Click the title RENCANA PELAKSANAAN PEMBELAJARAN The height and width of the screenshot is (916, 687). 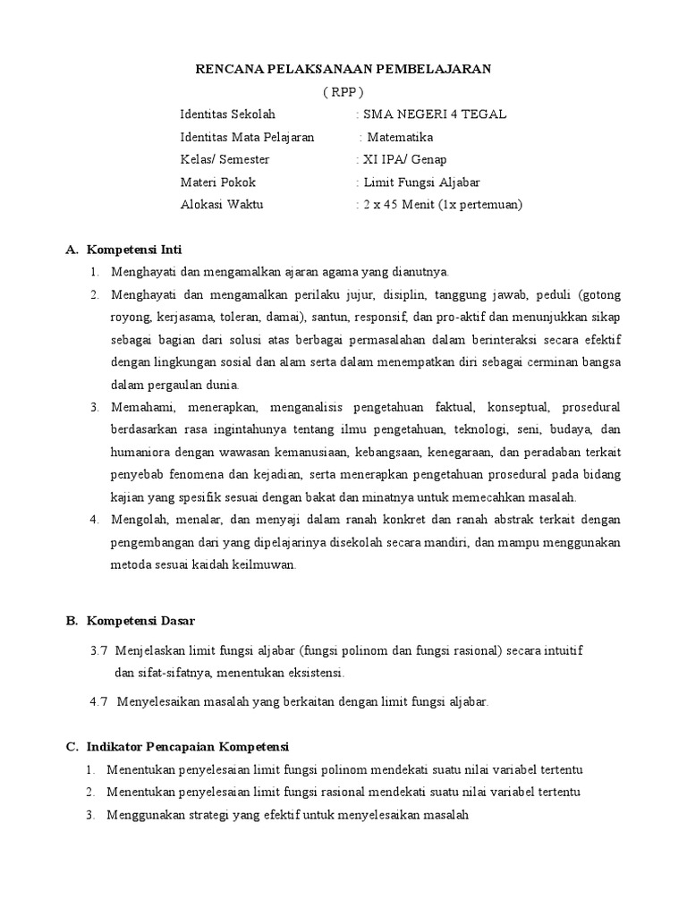tap(344, 68)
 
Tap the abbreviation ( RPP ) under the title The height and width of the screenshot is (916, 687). tap(343, 91)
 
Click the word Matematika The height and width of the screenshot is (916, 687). tap(401, 137)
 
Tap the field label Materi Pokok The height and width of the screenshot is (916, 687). tap(217, 182)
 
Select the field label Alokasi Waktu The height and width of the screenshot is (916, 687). tap(221, 204)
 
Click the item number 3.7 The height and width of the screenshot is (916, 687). tap(98, 649)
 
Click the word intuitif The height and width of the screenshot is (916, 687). tap(564, 649)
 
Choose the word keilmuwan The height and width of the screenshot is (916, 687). tap(263, 564)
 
